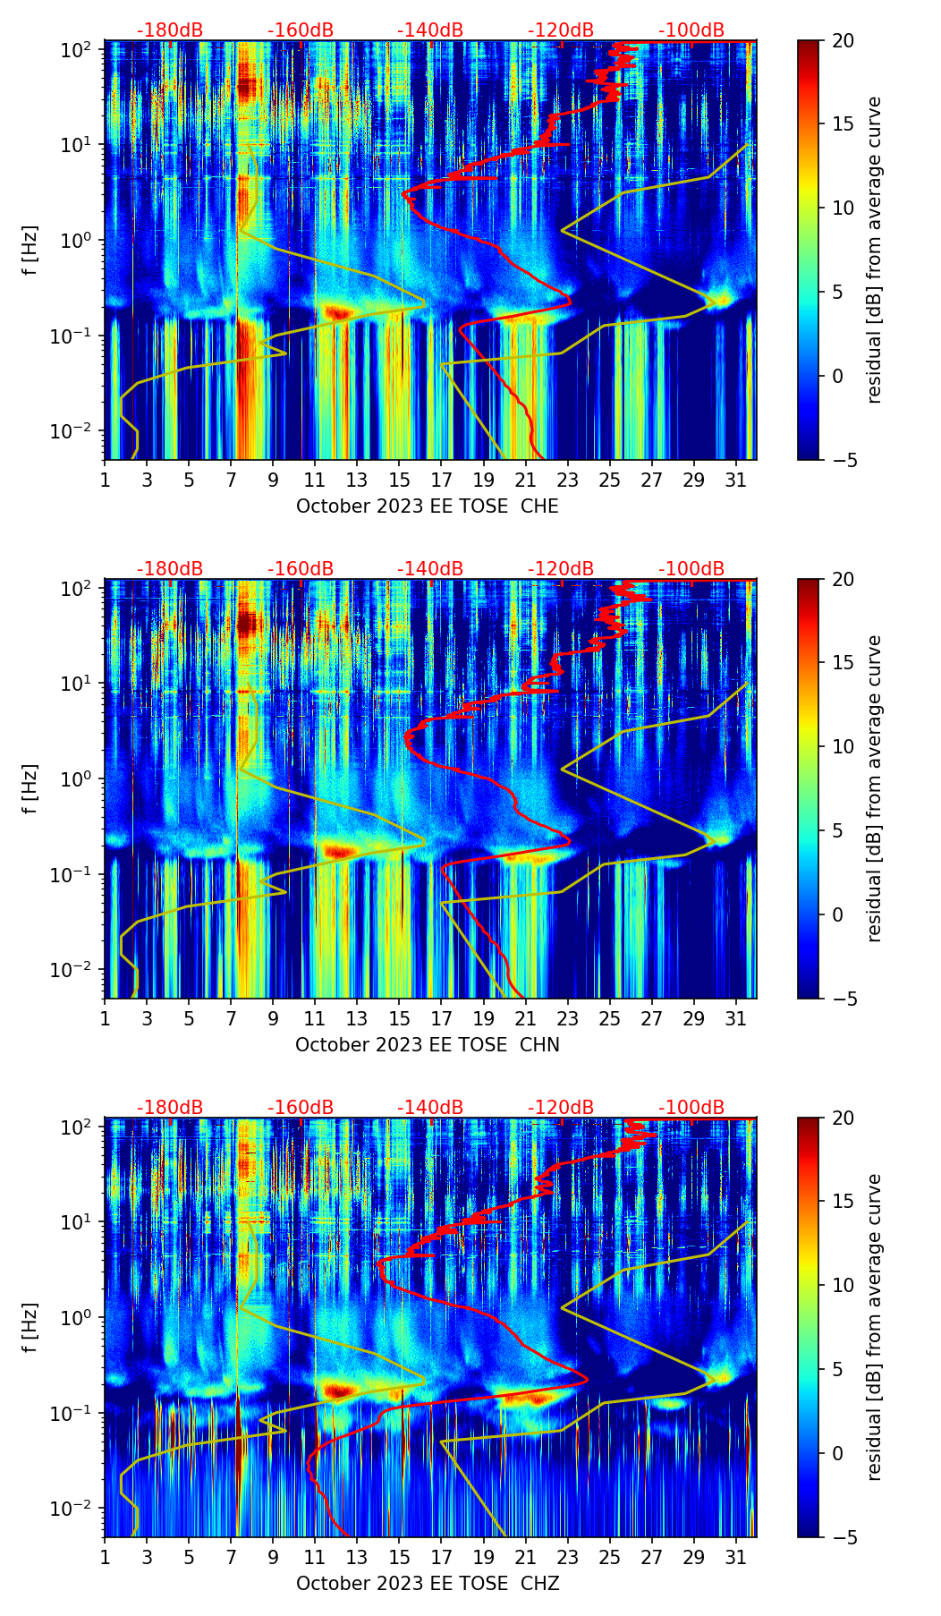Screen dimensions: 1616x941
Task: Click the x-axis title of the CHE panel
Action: [x=427, y=506]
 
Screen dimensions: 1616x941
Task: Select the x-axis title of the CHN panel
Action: [x=427, y=1045]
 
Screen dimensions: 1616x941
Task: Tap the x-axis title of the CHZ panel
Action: [x=427, y=1584]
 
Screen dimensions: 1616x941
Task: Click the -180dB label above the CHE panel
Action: [x=170, y=30]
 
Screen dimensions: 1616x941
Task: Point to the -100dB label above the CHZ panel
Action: [x=691, y=1108]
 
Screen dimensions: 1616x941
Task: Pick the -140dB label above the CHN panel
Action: [x=430, y=569]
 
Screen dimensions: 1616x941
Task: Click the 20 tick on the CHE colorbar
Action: [x=843, y=40]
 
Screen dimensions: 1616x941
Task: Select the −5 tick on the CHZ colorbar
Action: [x=843, y=1537]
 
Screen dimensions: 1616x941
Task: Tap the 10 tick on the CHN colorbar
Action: [x=843, y=746]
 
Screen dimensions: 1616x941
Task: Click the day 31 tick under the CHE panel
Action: [x=735, y=481]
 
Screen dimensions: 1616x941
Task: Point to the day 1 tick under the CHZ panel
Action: [x=105, y=1558]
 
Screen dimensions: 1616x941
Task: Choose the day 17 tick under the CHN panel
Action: [x=441, y=1019]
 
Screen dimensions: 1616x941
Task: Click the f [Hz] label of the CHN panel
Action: [x=30, y=788]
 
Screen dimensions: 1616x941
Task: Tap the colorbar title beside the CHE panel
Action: [x=874, y=250]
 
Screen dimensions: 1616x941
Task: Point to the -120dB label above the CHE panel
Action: [x=561, y=30]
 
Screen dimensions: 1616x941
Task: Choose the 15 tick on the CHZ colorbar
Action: [x=843, y=1202]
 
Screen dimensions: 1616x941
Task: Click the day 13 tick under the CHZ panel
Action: [x=357, y=1558]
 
